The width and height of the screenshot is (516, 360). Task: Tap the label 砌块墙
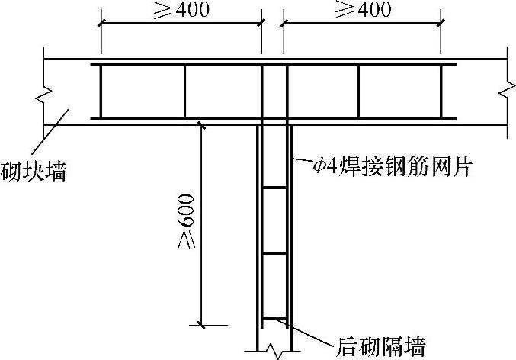[x=33, y=172]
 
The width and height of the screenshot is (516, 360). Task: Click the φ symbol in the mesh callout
[x=319, y=166]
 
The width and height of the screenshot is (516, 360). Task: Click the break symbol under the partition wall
[x=272, y=352]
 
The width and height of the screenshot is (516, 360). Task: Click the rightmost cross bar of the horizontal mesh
[x=440, y=92]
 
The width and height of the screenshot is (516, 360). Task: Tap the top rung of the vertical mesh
[x=274, y=187]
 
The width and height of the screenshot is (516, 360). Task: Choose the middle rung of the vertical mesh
[x=274, y=252]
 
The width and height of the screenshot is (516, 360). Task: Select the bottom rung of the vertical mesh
[x=274, y=318]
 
